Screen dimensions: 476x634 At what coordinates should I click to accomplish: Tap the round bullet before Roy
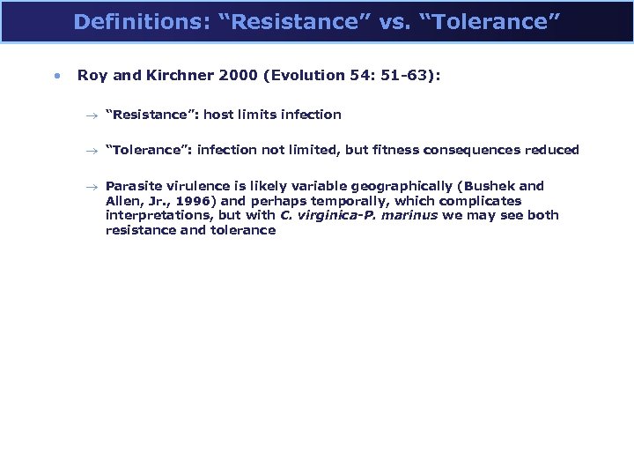(x=56, y=76)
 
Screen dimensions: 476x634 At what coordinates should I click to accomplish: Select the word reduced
(x=555, y=150)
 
